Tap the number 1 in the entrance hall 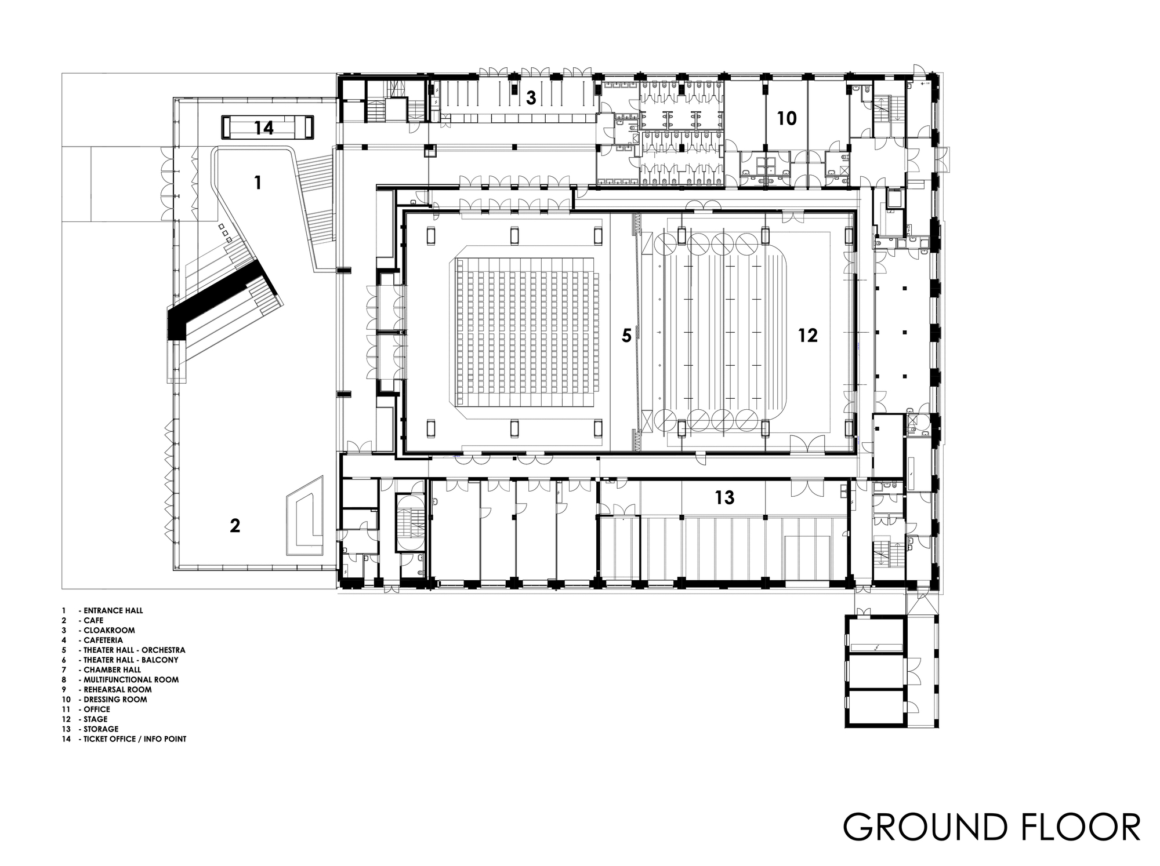click(258, 183)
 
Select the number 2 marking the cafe click(234, 526)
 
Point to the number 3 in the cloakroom click(531, 99)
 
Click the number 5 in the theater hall click(626, 336)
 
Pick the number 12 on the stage click(807, 335)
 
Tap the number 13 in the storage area click(724, 497)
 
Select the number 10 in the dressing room click(786, 119)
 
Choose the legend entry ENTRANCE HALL click(113, 610)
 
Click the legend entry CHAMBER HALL click(112, 669)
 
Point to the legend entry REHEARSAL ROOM click(117, 689)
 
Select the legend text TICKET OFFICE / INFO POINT click(135, 739)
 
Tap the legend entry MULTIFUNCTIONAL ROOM click(131, 679)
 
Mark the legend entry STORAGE click(101, 729)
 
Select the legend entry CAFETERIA click(103, 640)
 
